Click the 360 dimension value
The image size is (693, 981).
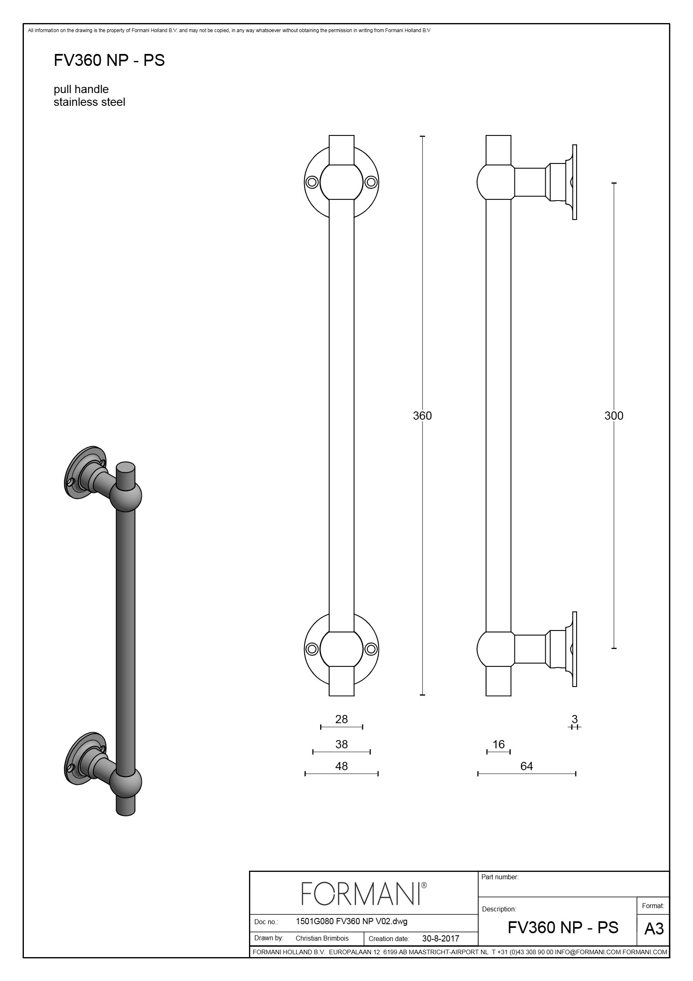pos(422,415)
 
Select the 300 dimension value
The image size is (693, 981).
pos(614,415)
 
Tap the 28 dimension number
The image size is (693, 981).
pos(341,719)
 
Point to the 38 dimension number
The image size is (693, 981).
pos(341,744)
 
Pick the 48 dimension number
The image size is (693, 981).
pos(341,766)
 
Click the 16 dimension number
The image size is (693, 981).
pos(498,744)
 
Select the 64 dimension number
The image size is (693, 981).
pos(526,766)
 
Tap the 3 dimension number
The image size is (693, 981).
pos(575,719)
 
